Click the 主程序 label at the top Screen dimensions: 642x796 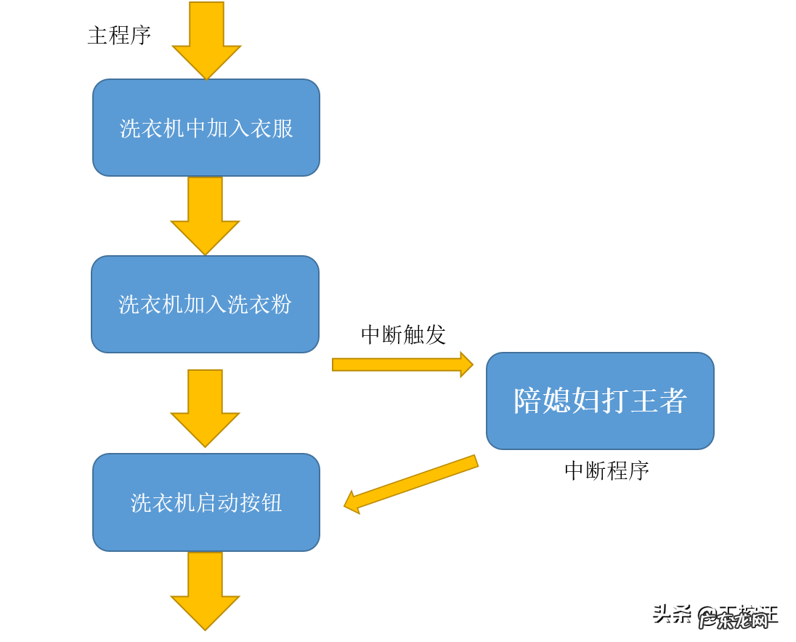click(x=119, y=35)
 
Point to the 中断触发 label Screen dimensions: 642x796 click(x=403, y=334)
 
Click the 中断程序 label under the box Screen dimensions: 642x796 click(x=606, y=470)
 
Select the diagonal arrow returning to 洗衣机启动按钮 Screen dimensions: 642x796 click(x=411, y=483)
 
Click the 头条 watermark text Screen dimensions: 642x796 click(x=672, y=614)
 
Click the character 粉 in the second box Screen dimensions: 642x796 click(x=281, y=304)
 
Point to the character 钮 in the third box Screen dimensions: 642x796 click(x=271, y=502)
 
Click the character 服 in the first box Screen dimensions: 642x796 click(x=283, y=129)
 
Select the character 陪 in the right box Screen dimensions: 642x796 click(x=528, y=401)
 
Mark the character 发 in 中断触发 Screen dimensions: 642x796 click(x=435, y=334)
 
